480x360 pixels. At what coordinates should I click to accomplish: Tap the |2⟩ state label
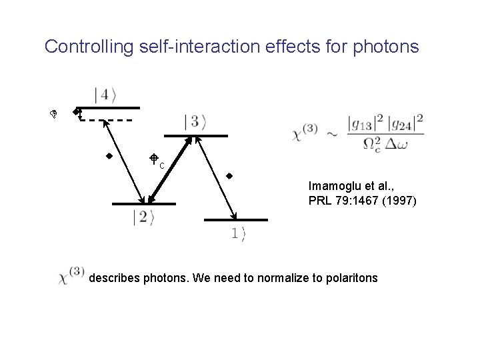click(x=144, y=217)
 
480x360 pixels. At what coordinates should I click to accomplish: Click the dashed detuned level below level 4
click(x=107, y=121)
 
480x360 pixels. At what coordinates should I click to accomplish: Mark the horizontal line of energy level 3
click(x=196, y=136)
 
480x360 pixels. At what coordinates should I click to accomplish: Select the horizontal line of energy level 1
click(x=236, y=219)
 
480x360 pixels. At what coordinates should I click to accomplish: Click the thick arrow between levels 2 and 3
click(x=169, y=169)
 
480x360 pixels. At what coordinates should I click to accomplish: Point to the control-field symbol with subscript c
click(x=155, y=160)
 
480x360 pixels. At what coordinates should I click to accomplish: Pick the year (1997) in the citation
click(x=399, y=199)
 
